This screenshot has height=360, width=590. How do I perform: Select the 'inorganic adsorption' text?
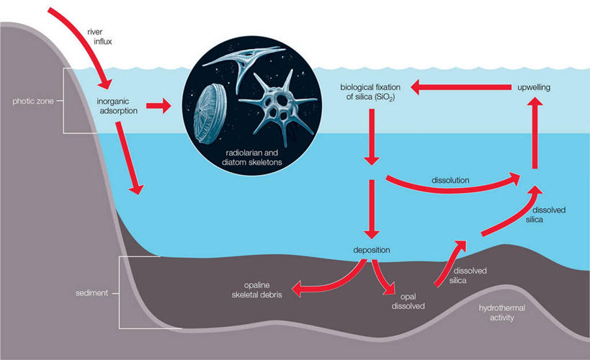pos(117,106)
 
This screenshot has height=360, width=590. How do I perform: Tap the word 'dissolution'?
pos(450,180)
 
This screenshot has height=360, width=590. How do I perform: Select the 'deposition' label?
pos(372,250)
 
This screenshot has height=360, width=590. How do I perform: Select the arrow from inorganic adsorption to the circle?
pos(160,107)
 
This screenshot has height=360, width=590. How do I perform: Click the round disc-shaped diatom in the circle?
pos(211,108)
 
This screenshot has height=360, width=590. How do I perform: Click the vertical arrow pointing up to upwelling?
pos(534,133)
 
